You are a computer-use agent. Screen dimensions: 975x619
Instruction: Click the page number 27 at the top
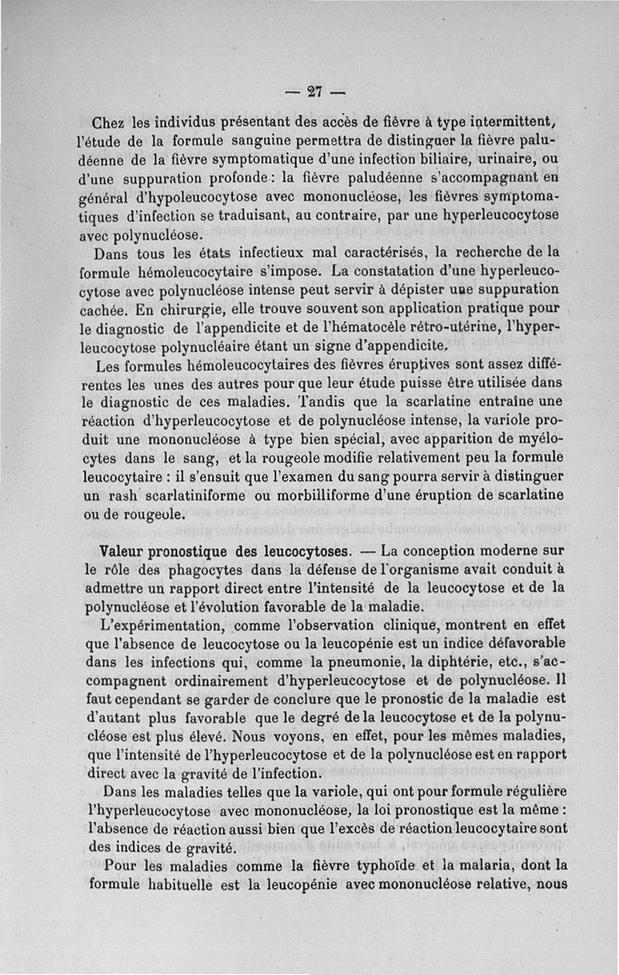click(x=314, y=90)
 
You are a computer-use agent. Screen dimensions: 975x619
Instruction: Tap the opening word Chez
click(x=109, y=123)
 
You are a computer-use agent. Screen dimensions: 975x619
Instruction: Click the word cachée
click(x=103, y=309)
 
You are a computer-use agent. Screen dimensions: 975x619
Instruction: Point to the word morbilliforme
click(x=343, y=494)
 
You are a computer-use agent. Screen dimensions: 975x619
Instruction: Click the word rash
click(x=123, y=494)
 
